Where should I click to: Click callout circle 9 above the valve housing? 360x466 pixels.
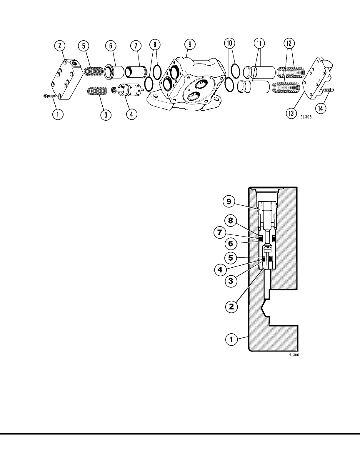(190, 44)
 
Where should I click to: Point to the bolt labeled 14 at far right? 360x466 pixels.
(328, 90)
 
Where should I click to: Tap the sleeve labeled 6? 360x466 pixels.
(114, 72)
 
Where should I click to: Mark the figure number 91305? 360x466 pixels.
(306, 117)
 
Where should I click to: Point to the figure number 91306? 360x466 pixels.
(294, 355)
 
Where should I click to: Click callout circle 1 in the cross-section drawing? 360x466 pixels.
(231, 340)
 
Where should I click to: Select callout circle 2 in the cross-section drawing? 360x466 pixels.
(231, 307)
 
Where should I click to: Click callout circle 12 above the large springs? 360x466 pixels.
(289, 44)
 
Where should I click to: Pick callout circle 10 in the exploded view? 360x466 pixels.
(230, 44)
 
